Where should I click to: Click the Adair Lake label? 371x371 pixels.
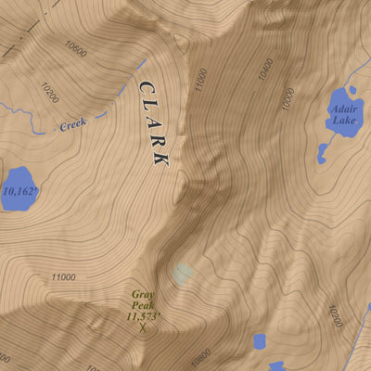point(342,114)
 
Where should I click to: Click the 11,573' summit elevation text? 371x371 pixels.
point(144,315)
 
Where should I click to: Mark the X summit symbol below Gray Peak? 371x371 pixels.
point(143,327)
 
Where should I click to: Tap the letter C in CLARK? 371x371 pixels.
point(146,87)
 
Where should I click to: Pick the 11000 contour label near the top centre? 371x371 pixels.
point(200,83)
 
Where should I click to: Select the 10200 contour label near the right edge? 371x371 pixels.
point(335,318)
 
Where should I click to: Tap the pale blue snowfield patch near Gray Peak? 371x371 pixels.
point(183,273)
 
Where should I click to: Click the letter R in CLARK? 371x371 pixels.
point(158,141)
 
